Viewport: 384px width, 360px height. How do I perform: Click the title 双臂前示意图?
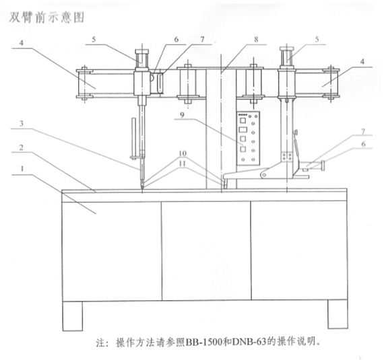46,17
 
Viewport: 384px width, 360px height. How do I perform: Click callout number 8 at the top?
256,39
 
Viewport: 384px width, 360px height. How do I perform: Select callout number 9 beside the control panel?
182,114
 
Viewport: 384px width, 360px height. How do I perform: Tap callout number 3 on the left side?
22,124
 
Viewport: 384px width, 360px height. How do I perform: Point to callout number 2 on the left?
22,147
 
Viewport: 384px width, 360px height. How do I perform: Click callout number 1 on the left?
22,168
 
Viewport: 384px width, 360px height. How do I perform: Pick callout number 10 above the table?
183,153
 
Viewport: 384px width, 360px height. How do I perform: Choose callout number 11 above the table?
183,164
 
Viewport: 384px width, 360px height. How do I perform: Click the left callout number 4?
22,43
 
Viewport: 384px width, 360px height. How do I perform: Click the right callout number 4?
362,61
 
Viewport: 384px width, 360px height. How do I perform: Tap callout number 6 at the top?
177,40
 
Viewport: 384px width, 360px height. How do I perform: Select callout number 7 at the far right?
363,132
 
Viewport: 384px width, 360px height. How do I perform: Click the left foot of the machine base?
73,316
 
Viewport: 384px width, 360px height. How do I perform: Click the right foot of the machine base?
338,314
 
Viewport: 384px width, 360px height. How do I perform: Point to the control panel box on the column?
248,138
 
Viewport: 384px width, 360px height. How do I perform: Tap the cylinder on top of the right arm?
287,57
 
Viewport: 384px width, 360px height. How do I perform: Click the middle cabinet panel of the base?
206,251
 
